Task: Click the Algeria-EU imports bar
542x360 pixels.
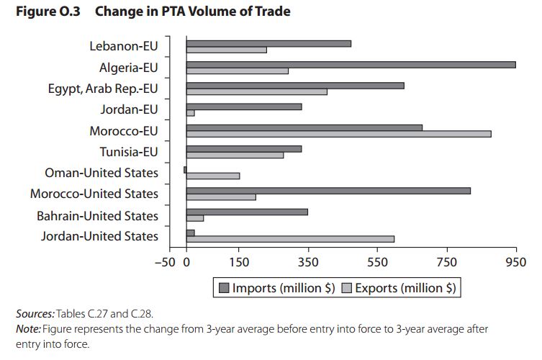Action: point(351,65)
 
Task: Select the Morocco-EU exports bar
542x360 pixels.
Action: point(338,134)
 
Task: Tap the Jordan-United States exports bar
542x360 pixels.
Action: point(290,239)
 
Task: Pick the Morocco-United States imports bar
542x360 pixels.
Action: point(328,191)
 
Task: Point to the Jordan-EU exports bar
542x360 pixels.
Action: point(191,113)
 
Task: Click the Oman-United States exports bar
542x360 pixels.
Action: point(213,176)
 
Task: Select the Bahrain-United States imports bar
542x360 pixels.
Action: point(247,212)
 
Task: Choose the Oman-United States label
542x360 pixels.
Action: point(101,173)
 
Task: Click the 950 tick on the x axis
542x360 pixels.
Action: point(516,261)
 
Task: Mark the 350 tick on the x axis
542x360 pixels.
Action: point(308,261)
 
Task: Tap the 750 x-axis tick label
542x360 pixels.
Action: point(446,261)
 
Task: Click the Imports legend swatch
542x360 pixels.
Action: point(224,288)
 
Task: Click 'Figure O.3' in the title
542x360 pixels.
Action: point(47,12)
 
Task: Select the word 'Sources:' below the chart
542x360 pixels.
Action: point(35,314)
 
